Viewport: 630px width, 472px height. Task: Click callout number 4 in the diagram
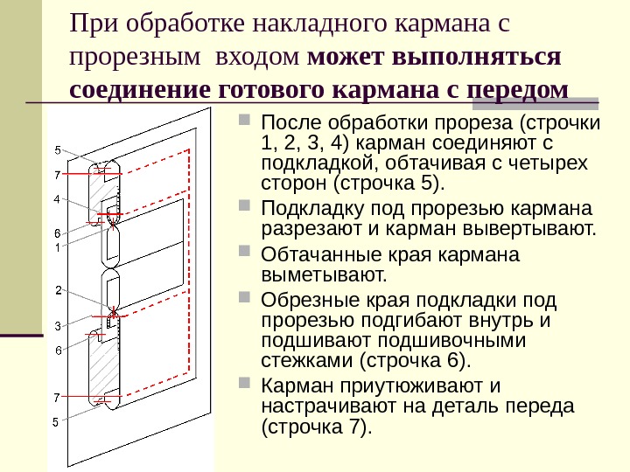tap(57, 199)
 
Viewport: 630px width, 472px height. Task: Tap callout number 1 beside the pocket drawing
tap(57, 247)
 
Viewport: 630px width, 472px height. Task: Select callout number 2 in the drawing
tap(57, 289)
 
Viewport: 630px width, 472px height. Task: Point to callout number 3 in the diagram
tap(57, 325)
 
